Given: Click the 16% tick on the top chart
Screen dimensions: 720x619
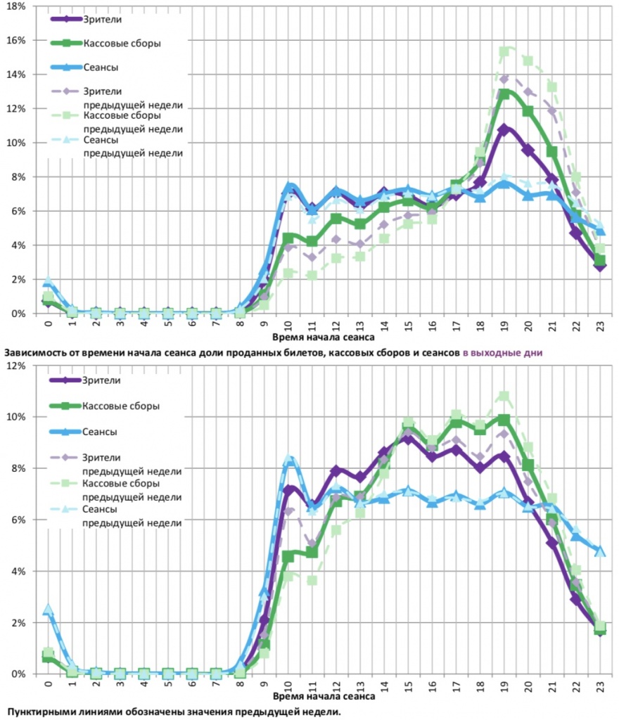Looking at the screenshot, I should [16, 40].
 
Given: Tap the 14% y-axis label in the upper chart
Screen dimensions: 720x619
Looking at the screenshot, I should [16, 75].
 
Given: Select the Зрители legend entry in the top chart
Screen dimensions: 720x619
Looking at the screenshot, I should [103, 18].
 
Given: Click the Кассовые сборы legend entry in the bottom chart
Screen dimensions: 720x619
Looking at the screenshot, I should [122, 406].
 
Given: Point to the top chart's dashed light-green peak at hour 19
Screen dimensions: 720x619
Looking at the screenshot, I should [504, 51].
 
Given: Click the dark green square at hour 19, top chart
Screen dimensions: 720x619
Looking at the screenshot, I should [504, 94].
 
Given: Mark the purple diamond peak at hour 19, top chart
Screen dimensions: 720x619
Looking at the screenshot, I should [504, 129].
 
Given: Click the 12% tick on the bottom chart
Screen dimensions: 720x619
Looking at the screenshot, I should [16, 366].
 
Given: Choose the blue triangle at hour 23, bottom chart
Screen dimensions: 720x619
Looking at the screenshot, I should [600, 551].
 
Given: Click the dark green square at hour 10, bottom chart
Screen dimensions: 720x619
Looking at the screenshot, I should [288, 556].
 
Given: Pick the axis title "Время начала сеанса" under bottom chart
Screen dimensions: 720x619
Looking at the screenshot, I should [323, 698].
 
